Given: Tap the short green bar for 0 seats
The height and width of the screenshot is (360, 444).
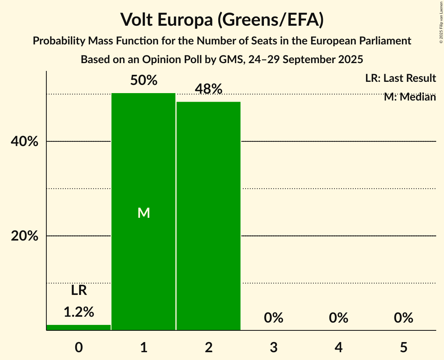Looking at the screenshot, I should (79, 327).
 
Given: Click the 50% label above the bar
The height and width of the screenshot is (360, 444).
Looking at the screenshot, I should (144, 81).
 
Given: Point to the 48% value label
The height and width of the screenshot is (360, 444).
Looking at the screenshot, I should (209, 89).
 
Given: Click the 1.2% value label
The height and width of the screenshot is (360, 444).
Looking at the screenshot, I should (79, 312).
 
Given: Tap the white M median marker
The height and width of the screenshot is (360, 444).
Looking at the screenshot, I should (144, 213).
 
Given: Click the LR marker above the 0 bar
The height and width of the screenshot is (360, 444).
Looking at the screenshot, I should (79, 290).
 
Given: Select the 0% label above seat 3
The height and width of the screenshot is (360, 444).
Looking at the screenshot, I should (273, 318).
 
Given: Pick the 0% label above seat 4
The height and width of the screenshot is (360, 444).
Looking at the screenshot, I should (338, 318).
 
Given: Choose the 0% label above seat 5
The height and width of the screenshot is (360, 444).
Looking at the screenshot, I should (403, 318).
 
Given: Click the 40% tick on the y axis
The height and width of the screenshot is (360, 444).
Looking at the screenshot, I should (24, 142).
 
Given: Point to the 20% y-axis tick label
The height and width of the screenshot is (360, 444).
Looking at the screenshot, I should (24, 236).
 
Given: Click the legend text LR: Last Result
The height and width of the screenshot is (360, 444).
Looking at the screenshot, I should (400, 78).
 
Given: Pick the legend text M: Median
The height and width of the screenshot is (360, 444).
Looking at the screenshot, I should (410, 97).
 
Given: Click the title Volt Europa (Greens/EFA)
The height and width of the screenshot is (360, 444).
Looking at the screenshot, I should (222, 20).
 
